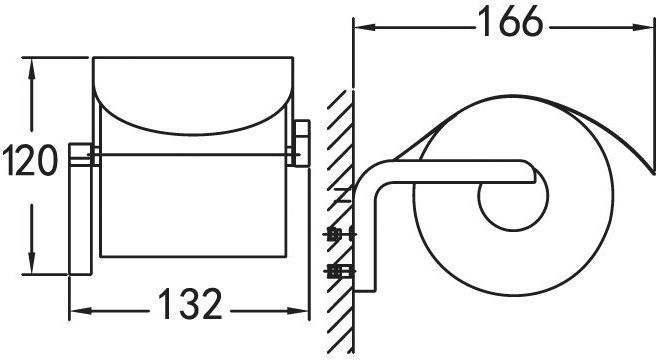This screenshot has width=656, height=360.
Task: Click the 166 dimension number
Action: (x=510, y=22)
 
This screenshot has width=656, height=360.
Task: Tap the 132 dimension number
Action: (x=190, y=303)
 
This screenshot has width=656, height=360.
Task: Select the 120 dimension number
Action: (x=29, y=160)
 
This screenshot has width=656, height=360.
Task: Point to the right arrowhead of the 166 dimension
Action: (x=643, y=28)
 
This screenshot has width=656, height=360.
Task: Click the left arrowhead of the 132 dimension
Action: (x=80, y=311)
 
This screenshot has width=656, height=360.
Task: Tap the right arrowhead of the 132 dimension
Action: (x=298, y=311)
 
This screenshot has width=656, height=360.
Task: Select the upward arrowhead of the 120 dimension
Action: (x=31, y=68)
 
